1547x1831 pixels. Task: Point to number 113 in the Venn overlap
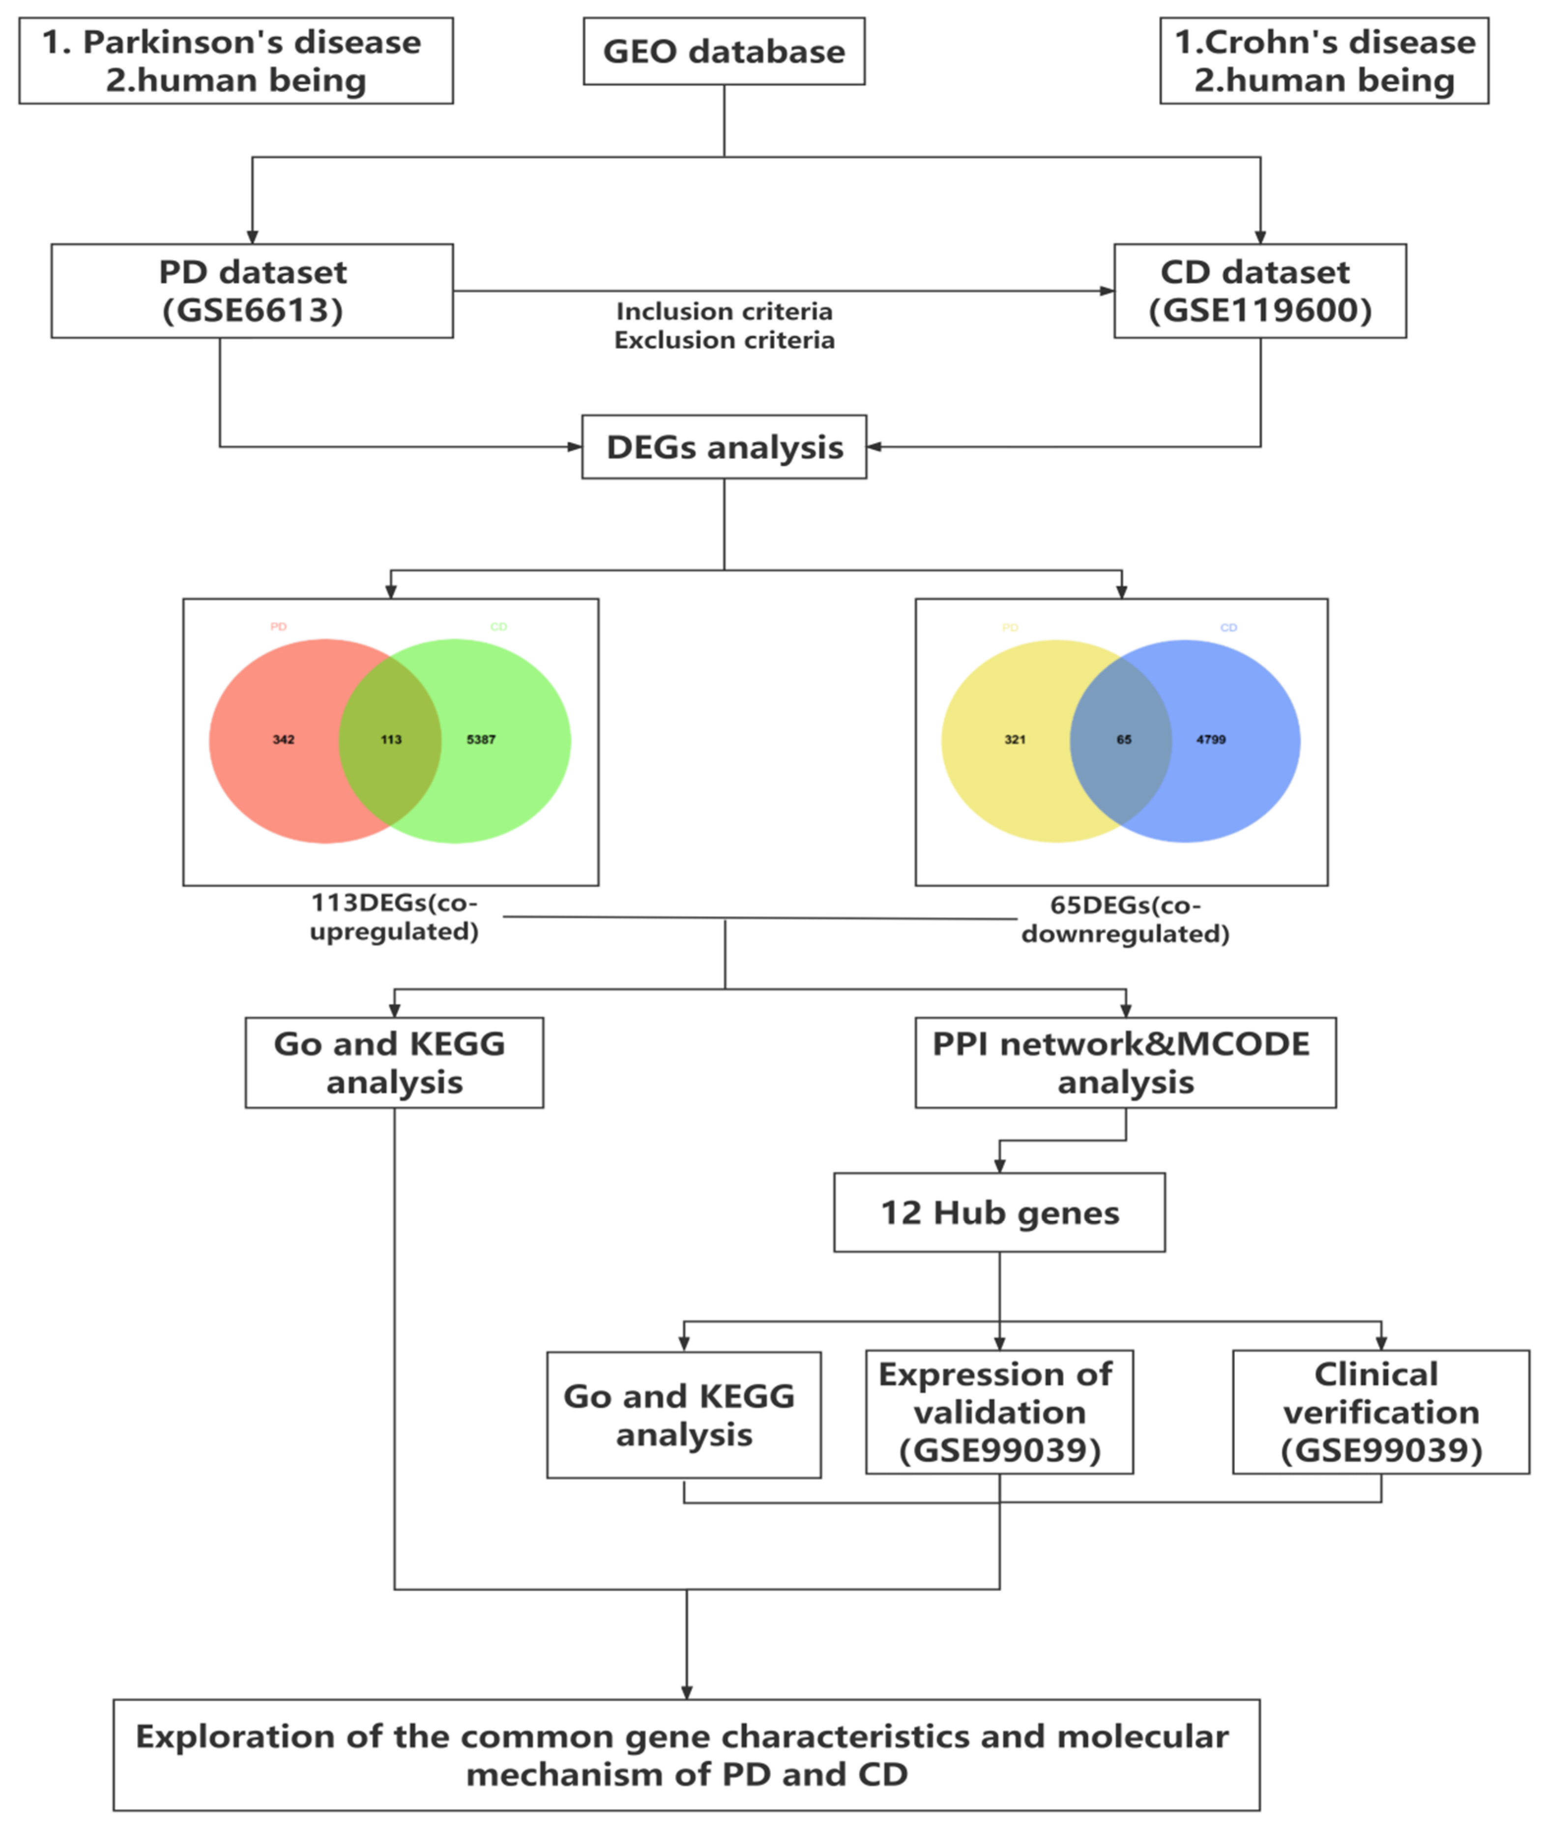pyautogui.click(x=391, y=740)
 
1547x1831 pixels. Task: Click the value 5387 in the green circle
pyautogui.click(x=481, y=740)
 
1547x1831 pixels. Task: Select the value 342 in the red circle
pyautogui.click(x=283, y=740)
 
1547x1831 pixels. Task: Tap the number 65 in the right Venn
pyautogui.click(x=1123, y=740)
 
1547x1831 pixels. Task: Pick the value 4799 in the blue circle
pyautogui.click(x=1210, y=740)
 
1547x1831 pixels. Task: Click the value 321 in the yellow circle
pyautogui.click(x=1015, y=740)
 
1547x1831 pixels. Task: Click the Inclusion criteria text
pyautogui.click(x=724, y=311)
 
